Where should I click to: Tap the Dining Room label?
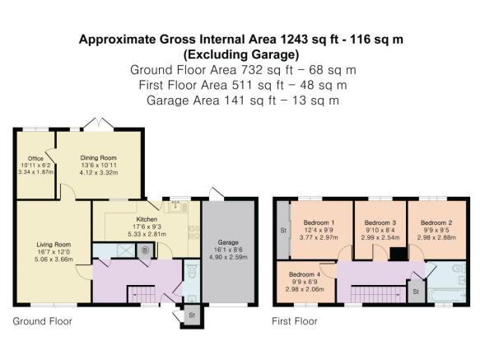98,157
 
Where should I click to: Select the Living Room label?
53,244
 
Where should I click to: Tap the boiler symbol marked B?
146,250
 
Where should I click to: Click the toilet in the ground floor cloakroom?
191,278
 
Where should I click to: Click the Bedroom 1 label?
318,222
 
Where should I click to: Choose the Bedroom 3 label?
381,222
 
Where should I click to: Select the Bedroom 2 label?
436,222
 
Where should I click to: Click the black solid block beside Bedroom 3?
398,254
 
